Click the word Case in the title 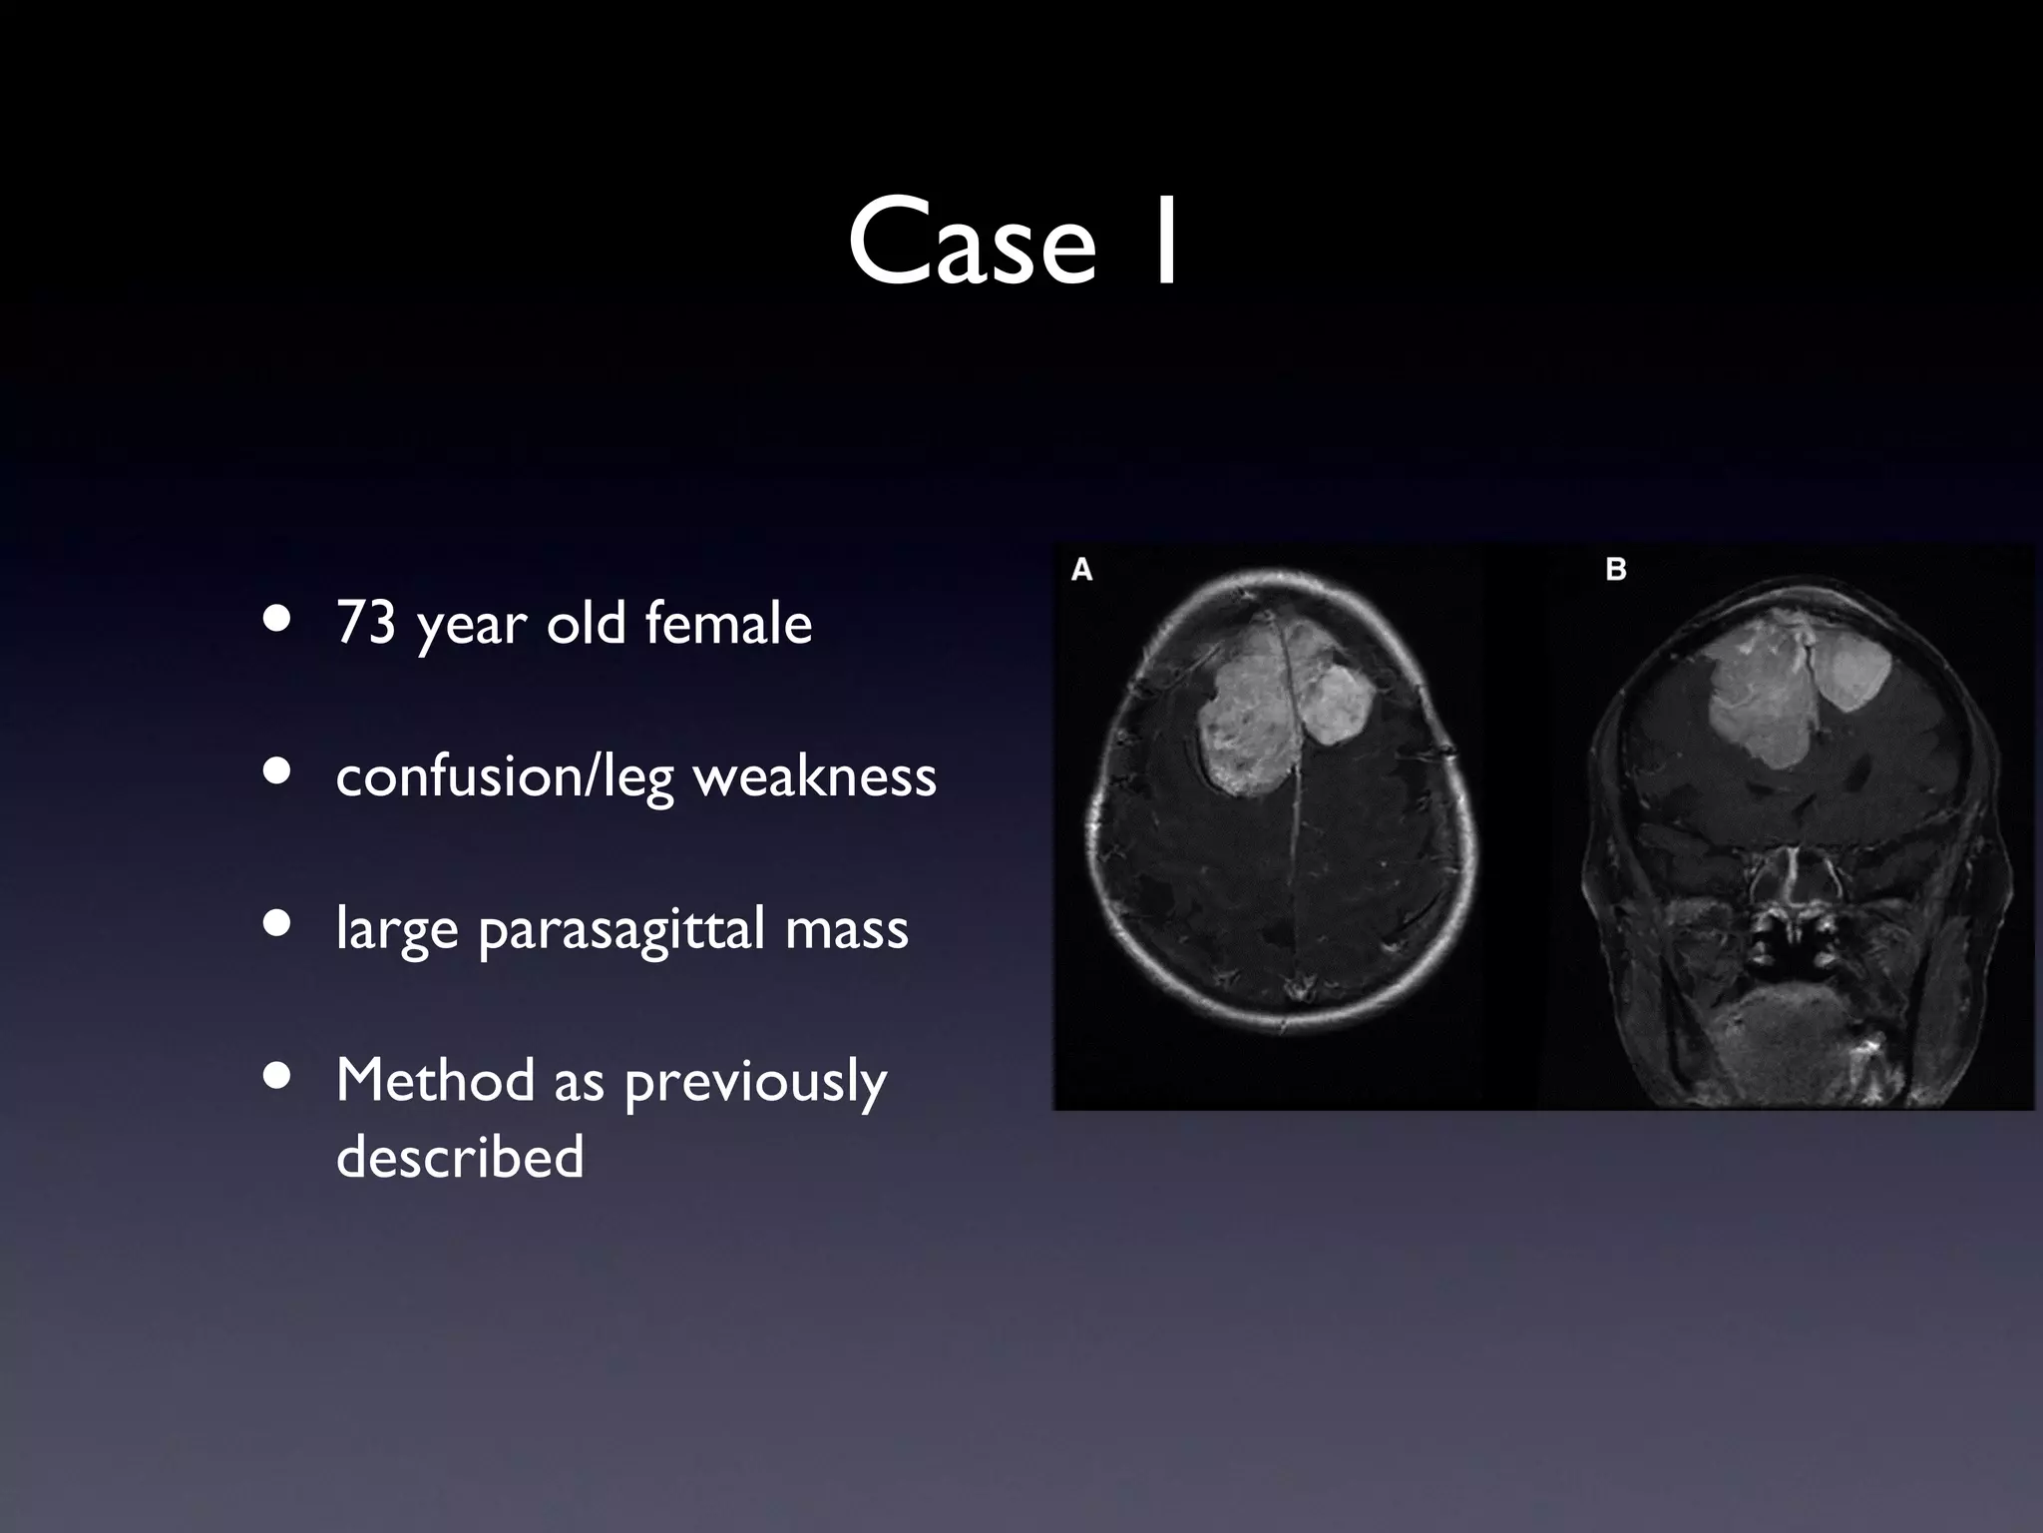[x=972, y=243]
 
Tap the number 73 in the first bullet [x=366, y=623]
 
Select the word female [x=728, y=623]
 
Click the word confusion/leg [x=505, y=777]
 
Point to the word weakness [x=815, y=775]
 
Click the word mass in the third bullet [x=847, y=928]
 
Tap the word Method [x=435, y=1080]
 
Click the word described [x=460, y=1156]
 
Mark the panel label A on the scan [x=1081, y=570]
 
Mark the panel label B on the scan [x=1616, y=570]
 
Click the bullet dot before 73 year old [x=278, y=619]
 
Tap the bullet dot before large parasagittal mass [x=278, y=924]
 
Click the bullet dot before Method [x=278, y=1077]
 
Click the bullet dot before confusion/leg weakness [x=278, y=771]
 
